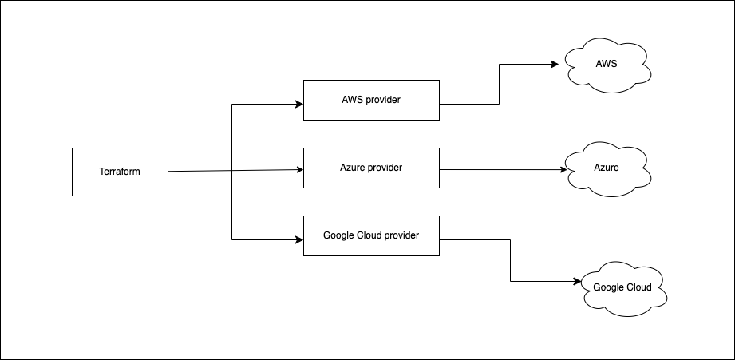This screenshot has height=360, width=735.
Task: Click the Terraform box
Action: click(x=120, y=172)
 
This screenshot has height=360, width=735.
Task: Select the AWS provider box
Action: click(x=371, y=100)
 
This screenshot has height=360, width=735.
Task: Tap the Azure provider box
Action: click(x=371, y=168)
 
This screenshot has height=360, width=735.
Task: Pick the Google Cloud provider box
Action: click(x=371, y=235)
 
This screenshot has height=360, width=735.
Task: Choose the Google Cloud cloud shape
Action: click(x=622, y=287)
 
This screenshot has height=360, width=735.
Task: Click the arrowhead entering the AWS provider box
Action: click(x=299, y=104)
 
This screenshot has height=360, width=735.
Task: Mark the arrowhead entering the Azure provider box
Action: click(x=299, y=169)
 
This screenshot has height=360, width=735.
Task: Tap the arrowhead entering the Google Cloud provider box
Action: click(x=299, y=239)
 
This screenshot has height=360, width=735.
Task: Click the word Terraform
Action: click(x=120, y=172)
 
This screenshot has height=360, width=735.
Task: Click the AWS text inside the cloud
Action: click(x=606, y=63)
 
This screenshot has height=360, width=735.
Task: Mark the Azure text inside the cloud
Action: click(x=606, y=168)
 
